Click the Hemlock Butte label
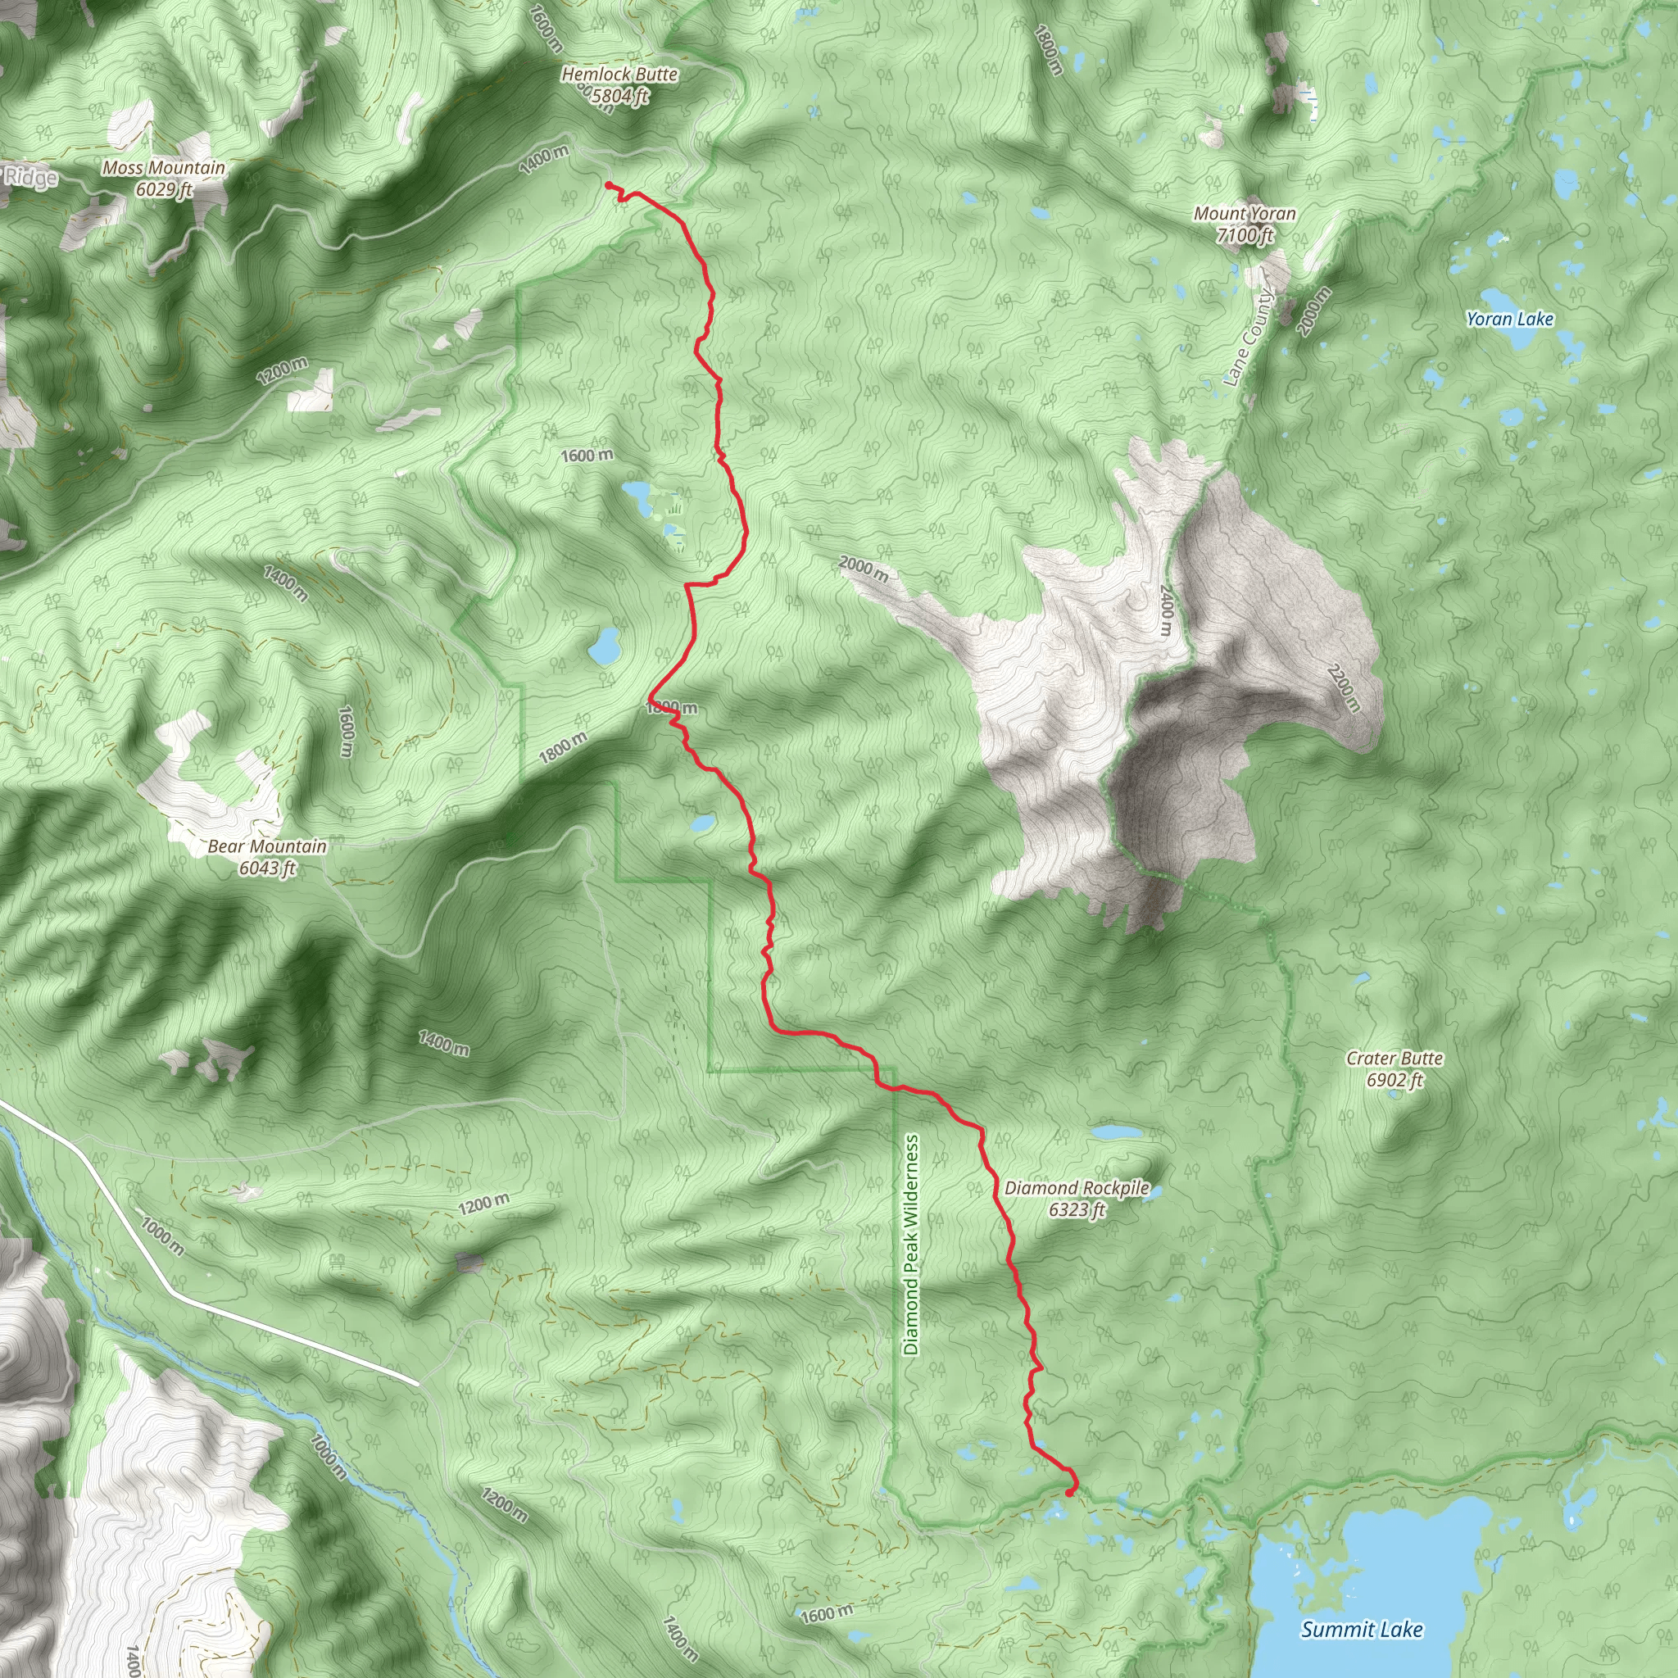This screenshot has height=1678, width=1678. pos(619,85)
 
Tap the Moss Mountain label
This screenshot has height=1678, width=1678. pos(163,178)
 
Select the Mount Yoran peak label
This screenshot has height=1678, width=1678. pos(1245,223)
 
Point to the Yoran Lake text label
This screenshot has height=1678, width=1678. pos(1509,319)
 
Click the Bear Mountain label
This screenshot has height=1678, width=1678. pos(267,856)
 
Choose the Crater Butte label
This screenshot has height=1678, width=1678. pos(1394,1069)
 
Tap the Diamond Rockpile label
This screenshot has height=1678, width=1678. pos(1077,1198)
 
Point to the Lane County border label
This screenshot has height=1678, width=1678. pos(1248,338)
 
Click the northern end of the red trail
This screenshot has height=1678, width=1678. pos(607,184)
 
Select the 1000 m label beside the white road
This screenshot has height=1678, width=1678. pos(162,1236)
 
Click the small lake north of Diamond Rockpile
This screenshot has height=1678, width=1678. pos(1115,1132)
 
